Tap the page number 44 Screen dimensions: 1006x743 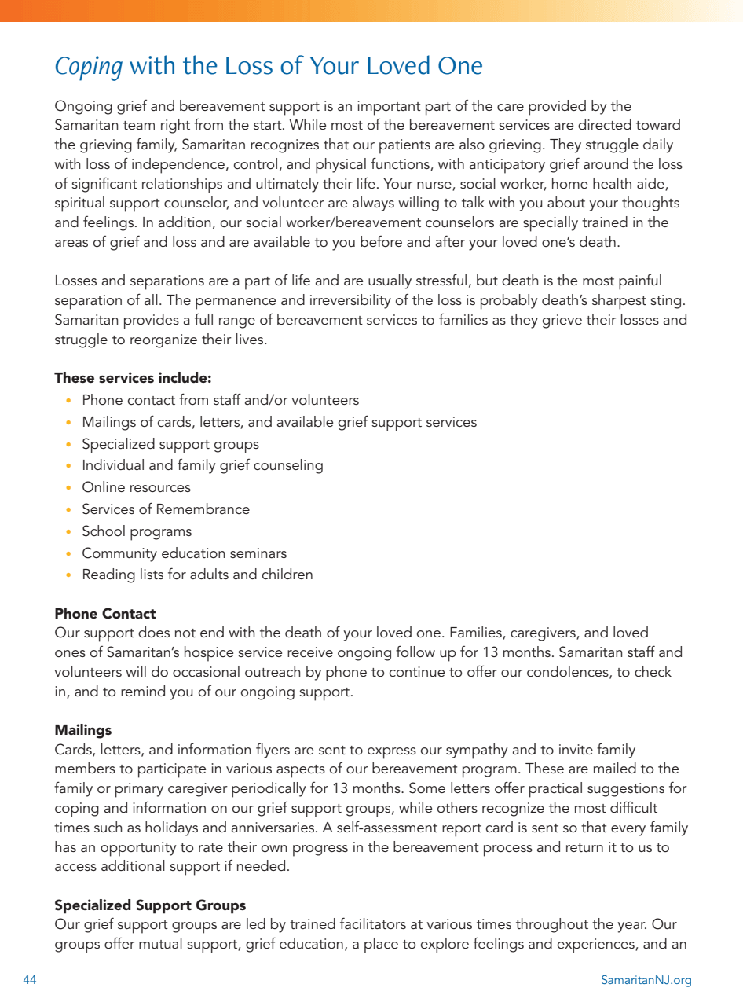click(x=30, y=980)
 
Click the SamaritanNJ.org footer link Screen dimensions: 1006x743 click(x=646, y=980)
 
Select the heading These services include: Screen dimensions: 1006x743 click(x=133, y=378)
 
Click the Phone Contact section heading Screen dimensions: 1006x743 click(x=105, y=614)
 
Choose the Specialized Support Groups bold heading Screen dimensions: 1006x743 click(x=150, y=905)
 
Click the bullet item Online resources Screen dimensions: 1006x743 click(x=136, y=487)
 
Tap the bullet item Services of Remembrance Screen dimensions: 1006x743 click(x=166, y=509)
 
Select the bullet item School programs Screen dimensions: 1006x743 click(x=137, y=531)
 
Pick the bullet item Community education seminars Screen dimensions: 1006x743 click(x=185, y=553)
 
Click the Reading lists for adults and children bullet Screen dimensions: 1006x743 click(x=197, y=575)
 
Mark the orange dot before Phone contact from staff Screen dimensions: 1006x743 click(x=69, y=401)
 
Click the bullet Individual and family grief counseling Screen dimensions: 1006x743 click(x=203, y=465)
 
